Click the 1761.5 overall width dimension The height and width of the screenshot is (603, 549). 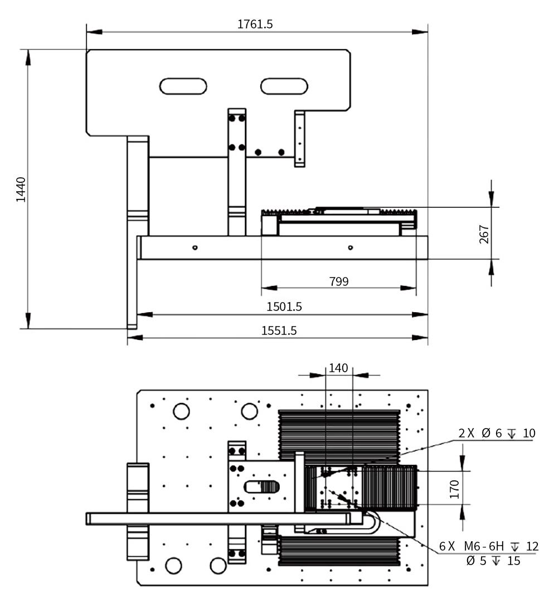[x=255, y=24]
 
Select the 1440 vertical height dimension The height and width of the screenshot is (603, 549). [x=21, y=189]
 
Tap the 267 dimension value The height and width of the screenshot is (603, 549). [x=483, y=234]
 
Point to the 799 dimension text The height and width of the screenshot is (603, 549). [x=338, y=281]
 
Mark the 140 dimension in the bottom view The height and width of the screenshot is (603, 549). [x=338, y=368]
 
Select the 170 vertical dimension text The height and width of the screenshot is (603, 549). [x=454, y=488]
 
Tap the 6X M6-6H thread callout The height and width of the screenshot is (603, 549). [x=488, y=546]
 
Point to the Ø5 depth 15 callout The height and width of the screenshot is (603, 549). [x=493, y=561]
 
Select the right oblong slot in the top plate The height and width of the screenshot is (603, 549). [x=284, y=86]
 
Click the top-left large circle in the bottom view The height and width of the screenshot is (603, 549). [x=181, y=411]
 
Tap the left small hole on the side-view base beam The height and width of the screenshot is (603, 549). [x=195, y=247]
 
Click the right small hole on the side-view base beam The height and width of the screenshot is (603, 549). [x=350, y=247]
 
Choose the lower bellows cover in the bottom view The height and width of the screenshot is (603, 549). [x=339, y=551]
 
